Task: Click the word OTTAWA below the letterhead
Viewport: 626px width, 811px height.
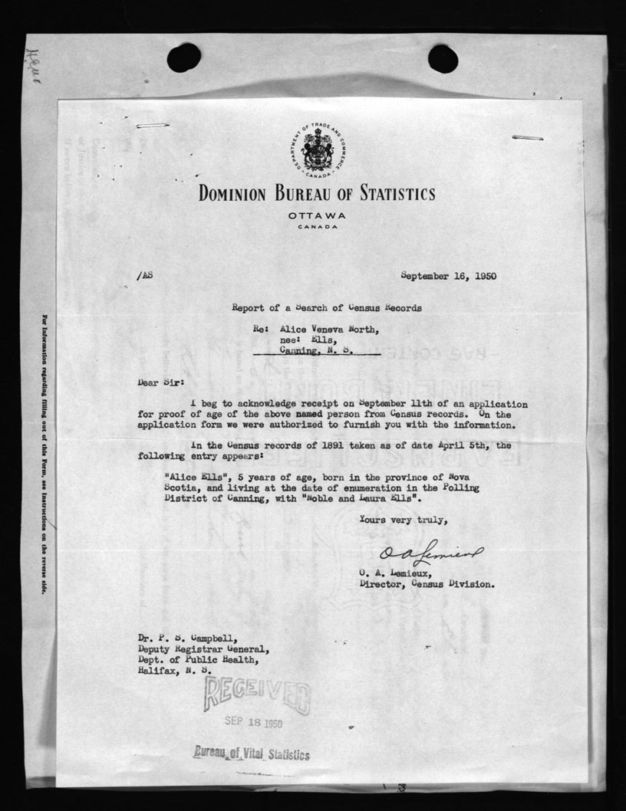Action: tap(317, 215)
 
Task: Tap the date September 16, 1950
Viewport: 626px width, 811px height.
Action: tap(453, 276)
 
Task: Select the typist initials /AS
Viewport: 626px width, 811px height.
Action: tap(144, 276)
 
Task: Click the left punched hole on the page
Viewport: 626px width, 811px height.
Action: tap(184, 57)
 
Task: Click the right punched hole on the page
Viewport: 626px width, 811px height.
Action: tap(443, 57)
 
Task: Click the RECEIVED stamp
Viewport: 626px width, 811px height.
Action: tap(256, 695)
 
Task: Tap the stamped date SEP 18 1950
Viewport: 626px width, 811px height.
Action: tap(254, 722)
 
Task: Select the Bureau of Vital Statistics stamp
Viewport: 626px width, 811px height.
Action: tap(252, 754)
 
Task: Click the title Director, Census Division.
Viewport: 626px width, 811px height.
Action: tap(427, 583)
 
